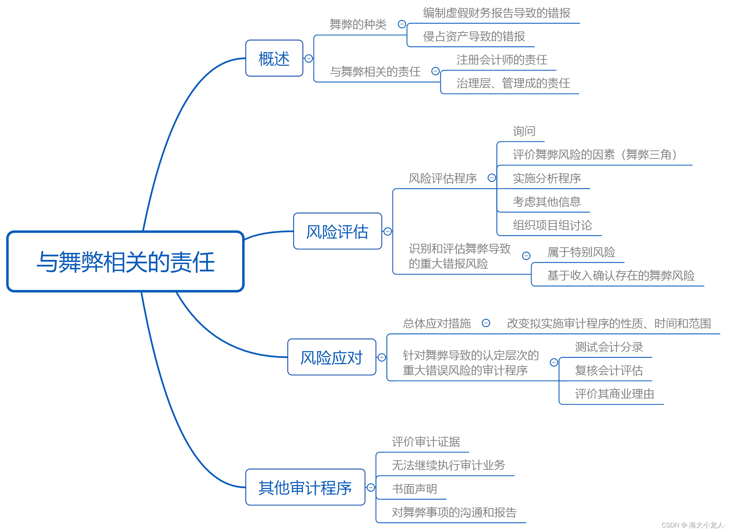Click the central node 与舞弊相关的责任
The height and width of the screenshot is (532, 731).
pyautogui.click(x=125, y=261)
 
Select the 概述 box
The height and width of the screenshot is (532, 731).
pyautogui.click(x=274, y=58)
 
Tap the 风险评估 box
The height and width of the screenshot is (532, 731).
pyautogui.click(x=337, y=231)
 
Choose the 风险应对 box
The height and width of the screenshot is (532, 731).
pyautogui.click(x=331, y=357)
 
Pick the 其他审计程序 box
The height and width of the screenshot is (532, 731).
pyautogui.click(x=305, y=487)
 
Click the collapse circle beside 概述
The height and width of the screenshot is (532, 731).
pyautogui.click(x=309, y=58)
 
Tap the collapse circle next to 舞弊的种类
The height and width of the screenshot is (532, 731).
pyautogui.click(x=402, y=24)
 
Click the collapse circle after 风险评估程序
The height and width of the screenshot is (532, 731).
pyautogui.click(x=492, y=178)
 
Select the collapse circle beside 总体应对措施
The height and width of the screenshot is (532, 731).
pyautogui.click(x=486, y=323)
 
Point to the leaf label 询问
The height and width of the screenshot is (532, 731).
pyautogui.click(x=524, y=131)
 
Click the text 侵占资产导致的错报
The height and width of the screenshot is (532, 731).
pyautogui.click(x=474, y=36)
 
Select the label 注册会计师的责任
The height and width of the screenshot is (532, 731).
pyautogui.click(x=502, y=60)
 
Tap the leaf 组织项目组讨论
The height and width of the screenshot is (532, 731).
pyautogui.click(x=552, y=225)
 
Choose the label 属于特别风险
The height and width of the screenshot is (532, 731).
pyautogui.click(x=581, y=252)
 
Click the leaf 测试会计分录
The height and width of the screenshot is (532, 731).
pyautogui.click(x=609, y=347)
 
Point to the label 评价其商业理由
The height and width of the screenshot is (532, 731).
pyautogui.click(x=614, y=394)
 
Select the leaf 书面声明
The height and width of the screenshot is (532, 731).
pyautogui.click(x=414, y=489)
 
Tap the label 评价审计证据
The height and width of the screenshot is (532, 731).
pyautogui.click(x=426, y=442)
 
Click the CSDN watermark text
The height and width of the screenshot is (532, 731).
pyautogui.click(x=693, y=525)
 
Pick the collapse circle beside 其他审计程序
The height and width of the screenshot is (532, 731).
pyautogui.click(x=371, y=487)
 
